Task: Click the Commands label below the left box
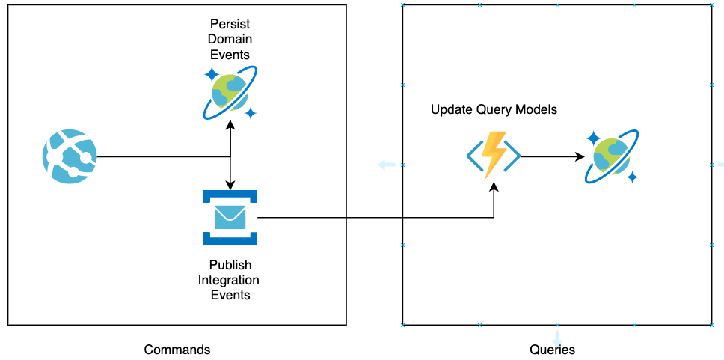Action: tap(177, 350)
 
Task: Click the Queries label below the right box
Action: tap(552, 350)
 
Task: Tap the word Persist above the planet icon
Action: tap(230, 26)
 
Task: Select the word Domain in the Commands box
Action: tap(230, 40)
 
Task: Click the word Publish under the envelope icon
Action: tap(230, 265)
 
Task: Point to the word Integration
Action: tap(230, 280)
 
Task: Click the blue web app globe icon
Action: tap(70, 156)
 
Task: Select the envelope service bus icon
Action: tap(230, 217)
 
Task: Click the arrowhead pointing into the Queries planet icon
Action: tap(580, 157)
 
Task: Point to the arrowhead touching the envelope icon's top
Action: tap(230, 186)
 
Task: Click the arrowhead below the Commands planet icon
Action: tap(230, 126)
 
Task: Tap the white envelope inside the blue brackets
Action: tap(230, 217)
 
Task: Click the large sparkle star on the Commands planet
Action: tap(212, 75)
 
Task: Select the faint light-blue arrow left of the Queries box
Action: tap(386, 165)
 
